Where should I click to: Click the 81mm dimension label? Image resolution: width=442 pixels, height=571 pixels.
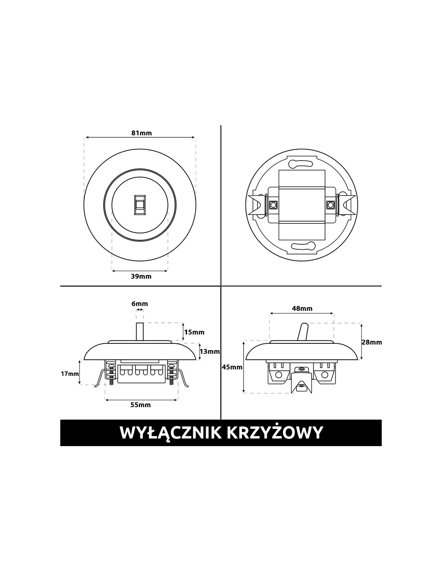tap(141, 133)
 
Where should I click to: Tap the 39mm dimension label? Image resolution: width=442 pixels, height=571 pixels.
tap(141, 276)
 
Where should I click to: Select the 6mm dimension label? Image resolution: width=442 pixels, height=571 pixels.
tap(139, 304)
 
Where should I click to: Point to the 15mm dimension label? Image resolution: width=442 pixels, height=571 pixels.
tap(194, 332)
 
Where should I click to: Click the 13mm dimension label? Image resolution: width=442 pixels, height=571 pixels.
tap(210, 351)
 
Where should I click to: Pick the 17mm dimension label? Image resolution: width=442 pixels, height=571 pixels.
tap(70, 373)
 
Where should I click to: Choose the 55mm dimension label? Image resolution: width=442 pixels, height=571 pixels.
tap(141, 405)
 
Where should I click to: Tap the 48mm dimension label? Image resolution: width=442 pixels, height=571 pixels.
tap(302, 308)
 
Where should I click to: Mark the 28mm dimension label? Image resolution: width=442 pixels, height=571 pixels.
tap(372, 343)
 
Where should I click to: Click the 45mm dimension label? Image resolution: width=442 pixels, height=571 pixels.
tap(232, 367)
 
